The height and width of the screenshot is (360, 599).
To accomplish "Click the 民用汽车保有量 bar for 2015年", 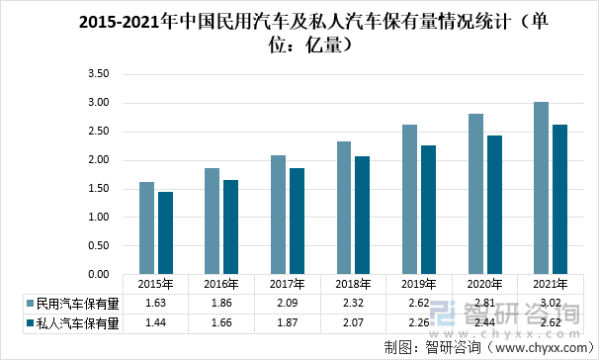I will pos(146,227).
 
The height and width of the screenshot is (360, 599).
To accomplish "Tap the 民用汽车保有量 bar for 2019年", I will pos(409,199).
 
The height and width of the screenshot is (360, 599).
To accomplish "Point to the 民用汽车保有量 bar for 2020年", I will pos(475,194).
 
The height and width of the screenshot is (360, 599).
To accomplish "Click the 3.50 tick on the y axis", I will pos(97,74).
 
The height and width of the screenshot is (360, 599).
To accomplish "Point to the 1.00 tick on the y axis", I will pos(97,218).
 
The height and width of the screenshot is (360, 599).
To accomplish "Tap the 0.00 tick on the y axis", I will pos(97,274).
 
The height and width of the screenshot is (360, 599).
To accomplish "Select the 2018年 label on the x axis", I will pos(352,284).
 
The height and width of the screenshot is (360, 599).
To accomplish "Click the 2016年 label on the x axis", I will pos(221,284).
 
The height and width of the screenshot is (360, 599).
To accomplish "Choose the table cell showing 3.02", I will pos(550,304).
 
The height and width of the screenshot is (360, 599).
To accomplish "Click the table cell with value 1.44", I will pos(155,322).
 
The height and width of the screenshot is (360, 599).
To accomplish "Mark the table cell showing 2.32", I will pos(352,304).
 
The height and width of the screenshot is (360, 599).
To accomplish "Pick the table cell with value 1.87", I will pos(287,322).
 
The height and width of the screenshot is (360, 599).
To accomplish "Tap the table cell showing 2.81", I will pos(483,304).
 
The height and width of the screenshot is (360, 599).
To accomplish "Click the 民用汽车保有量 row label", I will pos(77,304).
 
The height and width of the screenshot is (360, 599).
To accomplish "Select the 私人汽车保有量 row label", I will pos(77,322).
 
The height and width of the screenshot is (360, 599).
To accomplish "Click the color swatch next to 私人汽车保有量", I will pos(31,322).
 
